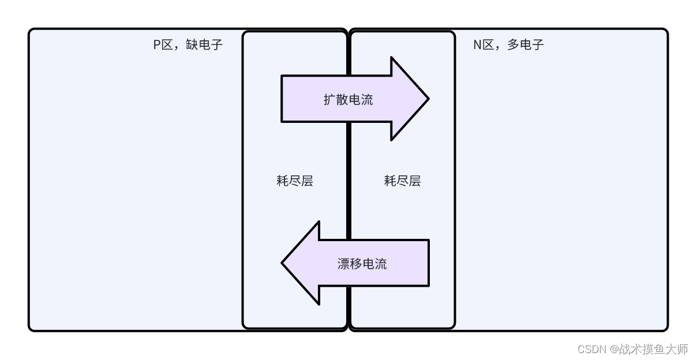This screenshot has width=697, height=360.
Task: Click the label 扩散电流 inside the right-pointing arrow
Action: click(x=348, y=99)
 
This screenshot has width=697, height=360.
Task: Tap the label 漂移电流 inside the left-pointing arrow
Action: click(x=362, y=264)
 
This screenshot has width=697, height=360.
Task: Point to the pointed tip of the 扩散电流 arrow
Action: click(x=427, y=99)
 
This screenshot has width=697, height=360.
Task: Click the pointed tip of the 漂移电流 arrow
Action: click(x=283, y=263)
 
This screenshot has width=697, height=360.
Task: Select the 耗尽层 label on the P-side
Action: click(x=295, y=181)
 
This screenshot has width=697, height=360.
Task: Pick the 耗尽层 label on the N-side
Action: click(x=402, y=181)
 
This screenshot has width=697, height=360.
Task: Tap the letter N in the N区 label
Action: click(x=478, y=45)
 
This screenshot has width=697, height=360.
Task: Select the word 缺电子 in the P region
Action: click(x=204, y=45)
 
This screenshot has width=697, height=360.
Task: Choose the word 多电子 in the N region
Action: click(x=526, y=45)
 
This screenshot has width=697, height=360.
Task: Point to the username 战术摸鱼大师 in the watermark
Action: click(x=653, y=349)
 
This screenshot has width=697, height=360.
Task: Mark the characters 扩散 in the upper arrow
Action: click(x=335, y=99)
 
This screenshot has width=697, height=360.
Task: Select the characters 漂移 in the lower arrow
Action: click(x=350, y=264)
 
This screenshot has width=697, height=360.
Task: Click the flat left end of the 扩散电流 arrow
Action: click(x=283, y=99)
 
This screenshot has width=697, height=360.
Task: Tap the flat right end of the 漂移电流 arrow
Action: click(x=428, y=263)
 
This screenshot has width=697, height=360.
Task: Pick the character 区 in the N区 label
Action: click(x=489, y=45)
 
